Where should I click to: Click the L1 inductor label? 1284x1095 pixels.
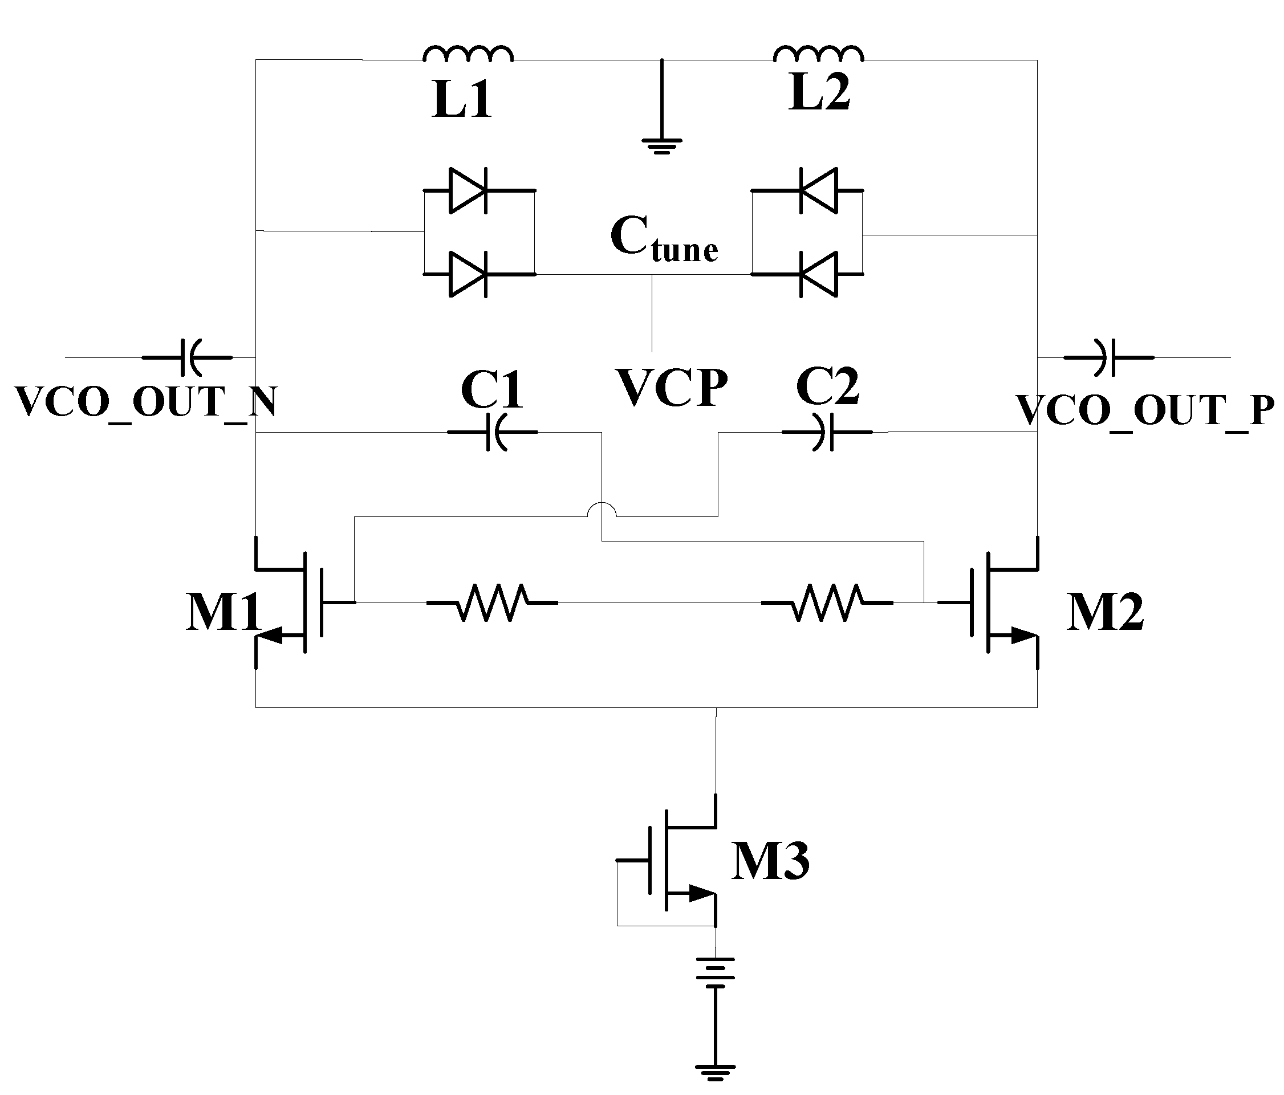[x=462, y=100]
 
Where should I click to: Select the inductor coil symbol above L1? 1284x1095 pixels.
[x=468, y=55]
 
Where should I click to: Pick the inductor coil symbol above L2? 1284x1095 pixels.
[x=819, y=55]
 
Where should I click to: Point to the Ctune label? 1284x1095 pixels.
[x=664, y=239]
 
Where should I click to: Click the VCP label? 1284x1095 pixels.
[x=672, y=389]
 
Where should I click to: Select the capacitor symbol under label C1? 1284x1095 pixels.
[x=493, y=432]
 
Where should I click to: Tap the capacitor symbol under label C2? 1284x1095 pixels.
[x=827, y=432]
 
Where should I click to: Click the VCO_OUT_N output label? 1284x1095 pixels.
[x=145, y=403]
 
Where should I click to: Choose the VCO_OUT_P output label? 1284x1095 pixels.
[x=1145, y=410]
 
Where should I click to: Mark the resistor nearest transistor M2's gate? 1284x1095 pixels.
[x=827, y=602]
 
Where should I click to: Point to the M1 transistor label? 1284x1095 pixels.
[x=224, y=612]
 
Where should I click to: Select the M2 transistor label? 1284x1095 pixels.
[x=1105, y=612]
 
